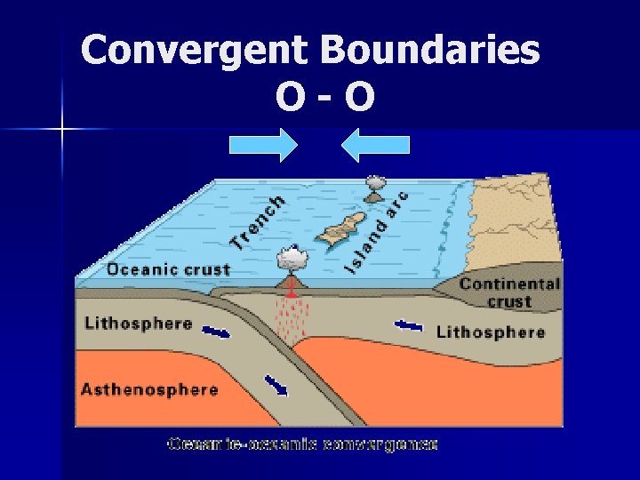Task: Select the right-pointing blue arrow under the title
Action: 263,145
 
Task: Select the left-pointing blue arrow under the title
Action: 376,145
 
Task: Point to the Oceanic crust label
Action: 168,269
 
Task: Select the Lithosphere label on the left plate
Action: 138,323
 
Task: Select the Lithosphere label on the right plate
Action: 490,332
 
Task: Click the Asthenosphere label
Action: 149,389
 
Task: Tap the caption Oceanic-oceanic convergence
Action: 302,444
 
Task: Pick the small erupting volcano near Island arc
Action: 374,186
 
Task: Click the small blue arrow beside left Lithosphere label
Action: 216,332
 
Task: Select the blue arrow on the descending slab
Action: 276,385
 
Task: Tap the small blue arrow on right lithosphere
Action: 409,326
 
